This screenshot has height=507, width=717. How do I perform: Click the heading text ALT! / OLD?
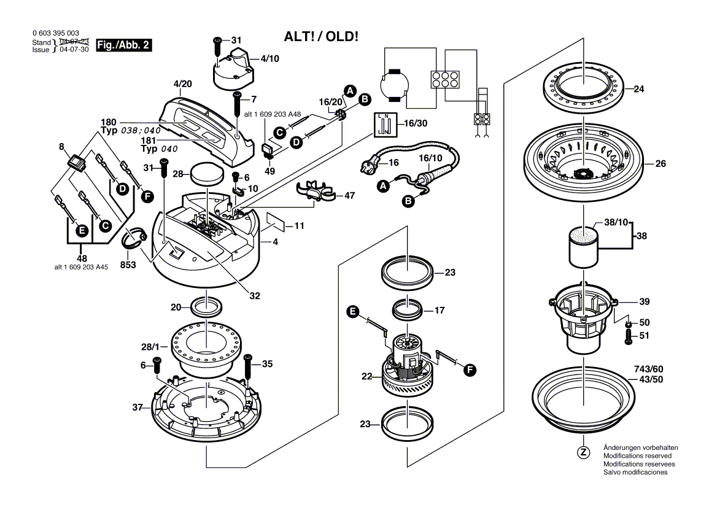[320, 36]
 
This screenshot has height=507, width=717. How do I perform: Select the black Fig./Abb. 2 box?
[125, 45]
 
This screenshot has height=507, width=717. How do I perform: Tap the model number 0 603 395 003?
[55, 33]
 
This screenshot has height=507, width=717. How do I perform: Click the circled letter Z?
[583, 453]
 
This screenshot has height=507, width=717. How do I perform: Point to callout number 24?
[638, 89]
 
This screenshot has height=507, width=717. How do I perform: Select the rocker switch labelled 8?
[77, 163]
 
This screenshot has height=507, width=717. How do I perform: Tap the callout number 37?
[138, 406]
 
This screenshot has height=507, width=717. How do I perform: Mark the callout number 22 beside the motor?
[366, 377]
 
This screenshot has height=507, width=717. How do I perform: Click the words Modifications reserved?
[637, 456]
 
